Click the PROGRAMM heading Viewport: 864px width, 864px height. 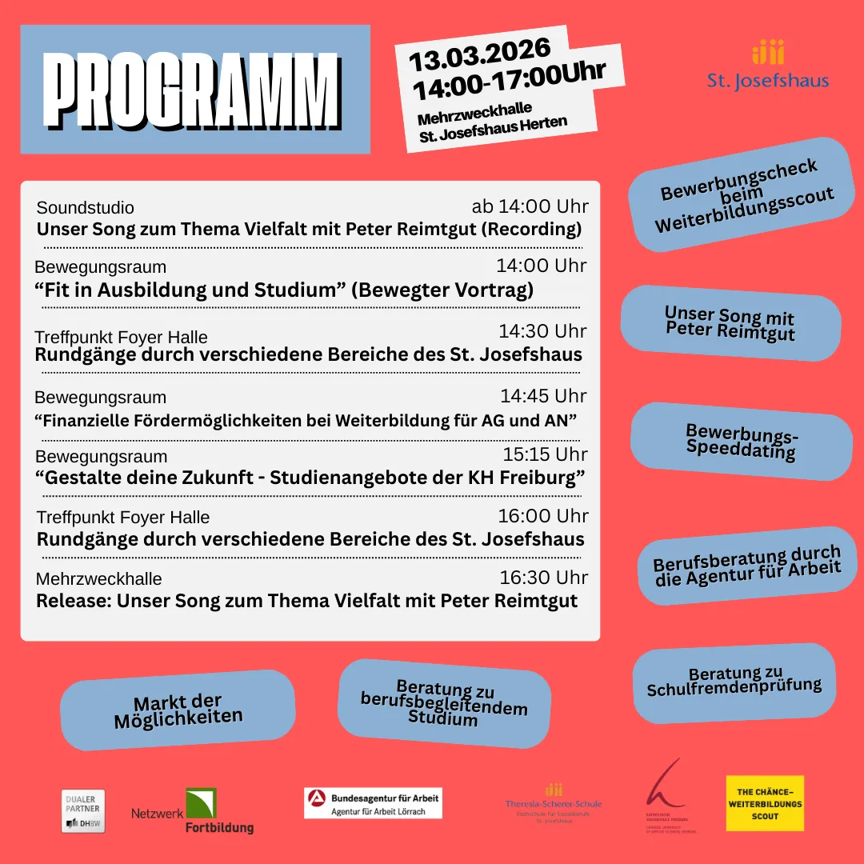194,89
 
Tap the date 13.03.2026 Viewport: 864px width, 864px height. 480,54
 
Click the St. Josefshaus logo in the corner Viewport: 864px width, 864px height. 767,64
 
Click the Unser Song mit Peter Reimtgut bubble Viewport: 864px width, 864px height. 730,322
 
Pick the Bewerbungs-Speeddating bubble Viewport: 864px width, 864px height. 741,441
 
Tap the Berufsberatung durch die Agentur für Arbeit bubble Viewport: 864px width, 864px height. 746,566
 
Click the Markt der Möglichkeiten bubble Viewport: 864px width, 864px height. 178,710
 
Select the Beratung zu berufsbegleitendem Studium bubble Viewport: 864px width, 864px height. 444,702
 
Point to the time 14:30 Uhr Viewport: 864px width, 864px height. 542,331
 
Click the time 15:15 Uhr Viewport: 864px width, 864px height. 545,454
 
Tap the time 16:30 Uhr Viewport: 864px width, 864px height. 543,578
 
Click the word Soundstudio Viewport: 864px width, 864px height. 86,208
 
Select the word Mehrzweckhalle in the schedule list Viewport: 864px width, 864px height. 99,578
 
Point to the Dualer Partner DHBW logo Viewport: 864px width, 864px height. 83,810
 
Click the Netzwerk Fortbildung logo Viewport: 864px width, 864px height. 194,811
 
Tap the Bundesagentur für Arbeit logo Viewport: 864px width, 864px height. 373,803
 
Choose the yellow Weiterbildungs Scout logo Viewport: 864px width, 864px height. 765,803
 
